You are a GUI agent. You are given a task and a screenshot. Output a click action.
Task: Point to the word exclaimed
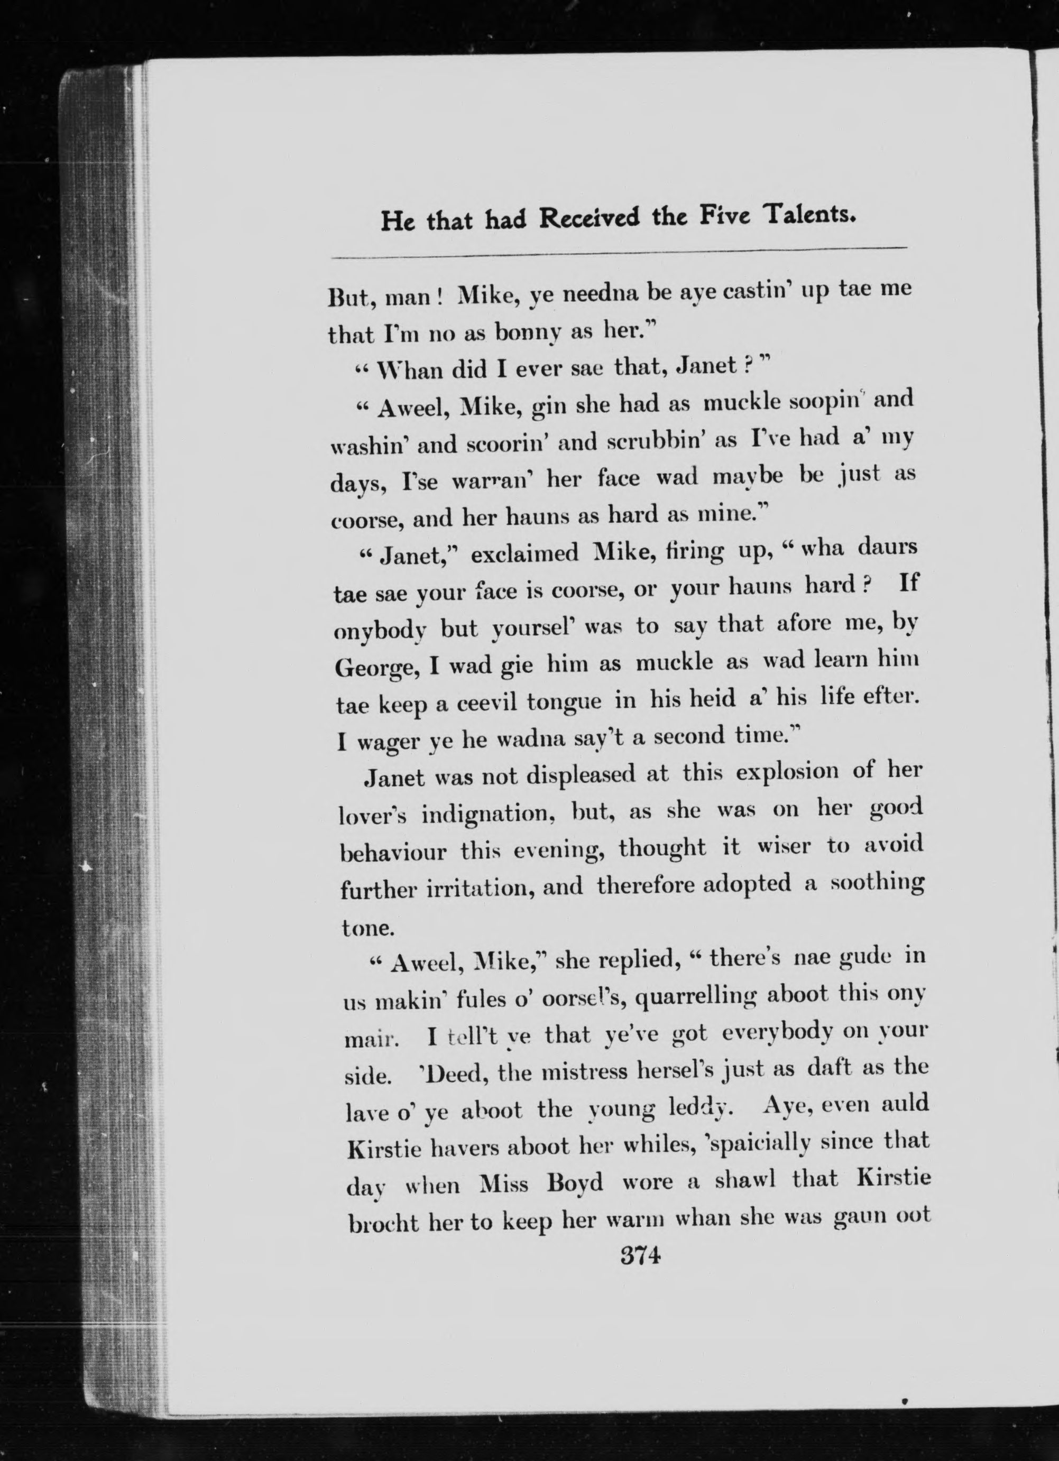pos(525,553)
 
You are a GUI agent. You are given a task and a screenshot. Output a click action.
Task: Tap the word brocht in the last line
pos(384,1223)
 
